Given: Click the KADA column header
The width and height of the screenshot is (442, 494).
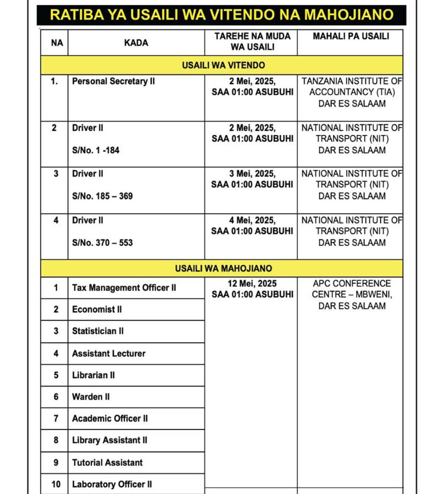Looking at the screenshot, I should (x=136, y=43).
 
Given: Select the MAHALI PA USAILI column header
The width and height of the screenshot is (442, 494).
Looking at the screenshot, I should (x=351, y=36).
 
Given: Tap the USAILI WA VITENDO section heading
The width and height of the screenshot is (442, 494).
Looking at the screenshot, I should (x=223, y=65).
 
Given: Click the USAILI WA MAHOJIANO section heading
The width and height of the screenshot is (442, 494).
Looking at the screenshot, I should (x=223, y=268).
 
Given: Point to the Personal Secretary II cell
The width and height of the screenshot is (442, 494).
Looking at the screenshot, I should (x=113, y=81).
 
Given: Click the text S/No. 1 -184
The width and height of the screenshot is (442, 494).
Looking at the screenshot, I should (x=96, y=150).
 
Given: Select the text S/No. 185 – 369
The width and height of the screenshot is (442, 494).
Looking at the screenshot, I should (x=102, y=196).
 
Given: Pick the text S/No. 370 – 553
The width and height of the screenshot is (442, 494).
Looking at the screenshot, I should (x=102, y=243).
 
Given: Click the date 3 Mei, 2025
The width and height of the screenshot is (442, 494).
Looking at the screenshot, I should (x=252, y=174).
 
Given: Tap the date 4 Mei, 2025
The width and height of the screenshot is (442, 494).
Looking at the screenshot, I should (x=252, y=220).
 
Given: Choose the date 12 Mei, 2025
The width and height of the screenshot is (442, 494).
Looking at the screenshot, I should (x=252, y=283).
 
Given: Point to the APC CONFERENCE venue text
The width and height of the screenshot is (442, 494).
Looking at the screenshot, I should (x=351, y=283).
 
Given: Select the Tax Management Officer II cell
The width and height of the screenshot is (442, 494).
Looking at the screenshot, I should (x=124, y=287).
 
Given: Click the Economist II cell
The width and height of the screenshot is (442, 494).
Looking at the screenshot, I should (x=97, y=309).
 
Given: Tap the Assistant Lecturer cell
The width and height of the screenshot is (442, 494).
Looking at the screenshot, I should (x=109, y=353).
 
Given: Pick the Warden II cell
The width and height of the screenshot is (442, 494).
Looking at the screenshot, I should (x=91, y=397).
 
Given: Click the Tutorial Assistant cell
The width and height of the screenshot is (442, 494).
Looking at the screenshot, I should (x=107, y=462).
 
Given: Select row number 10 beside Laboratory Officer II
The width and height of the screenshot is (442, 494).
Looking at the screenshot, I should (x=56, y=484).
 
